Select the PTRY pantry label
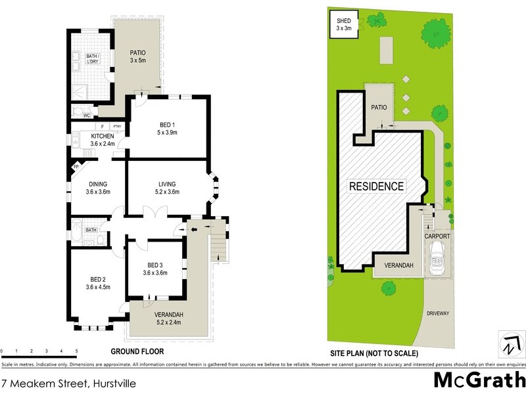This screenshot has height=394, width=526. (117, 127)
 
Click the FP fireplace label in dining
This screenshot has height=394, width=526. (76, 167)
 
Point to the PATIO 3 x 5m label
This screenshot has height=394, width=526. (137, 56)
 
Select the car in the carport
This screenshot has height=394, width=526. (437, 259)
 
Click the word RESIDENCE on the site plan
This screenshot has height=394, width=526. (376, 186)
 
